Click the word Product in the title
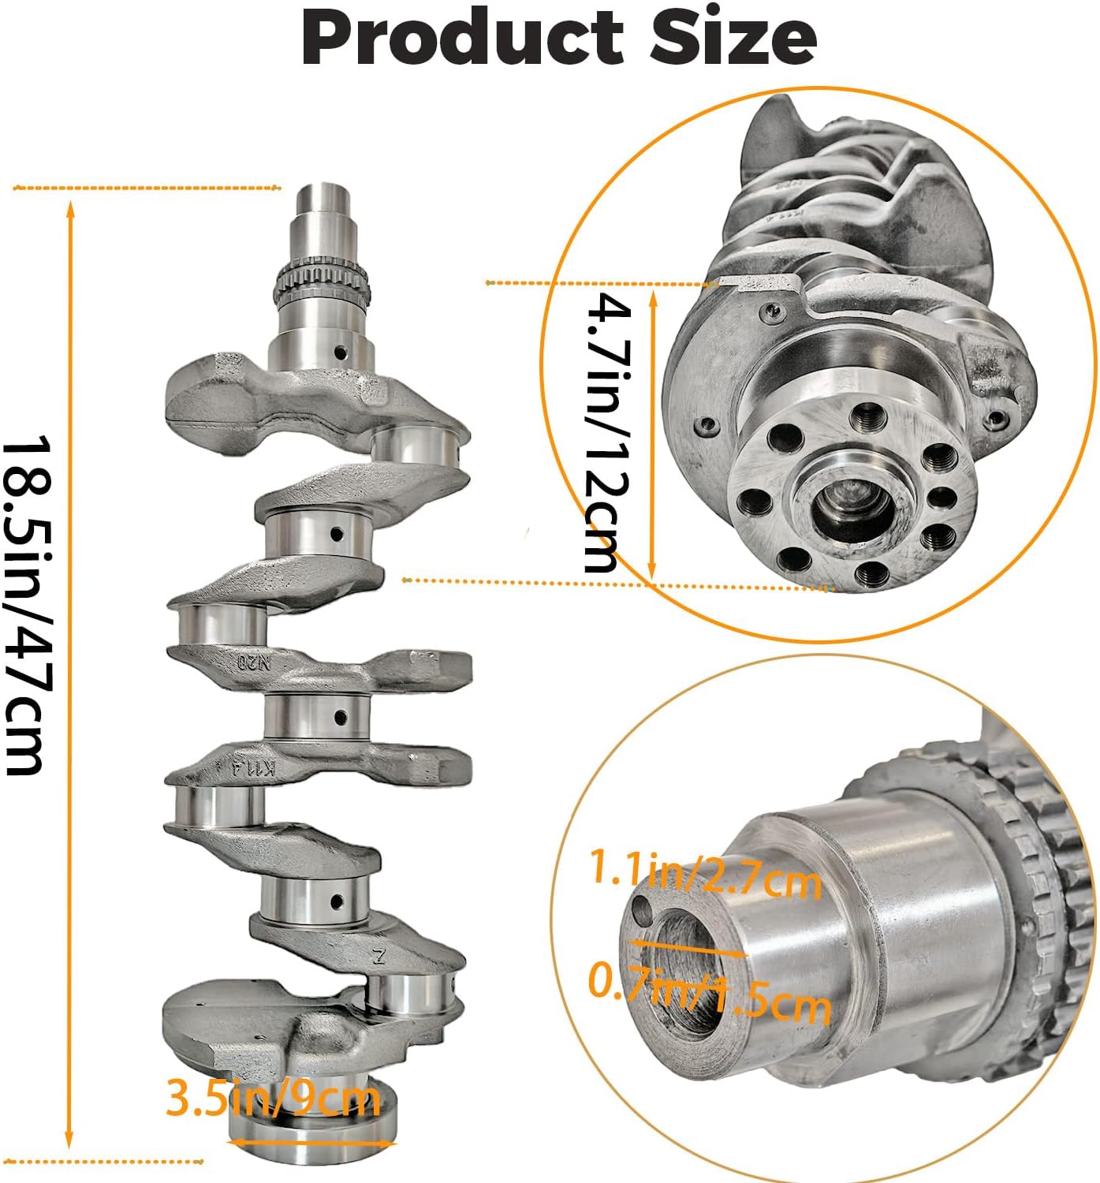coord(462,39)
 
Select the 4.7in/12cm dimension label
coord(607,432)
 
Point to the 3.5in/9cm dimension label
coord(273,1098)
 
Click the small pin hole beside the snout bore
coord(643,910)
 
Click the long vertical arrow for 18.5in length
coord(70,674)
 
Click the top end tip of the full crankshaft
coord(323,193)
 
